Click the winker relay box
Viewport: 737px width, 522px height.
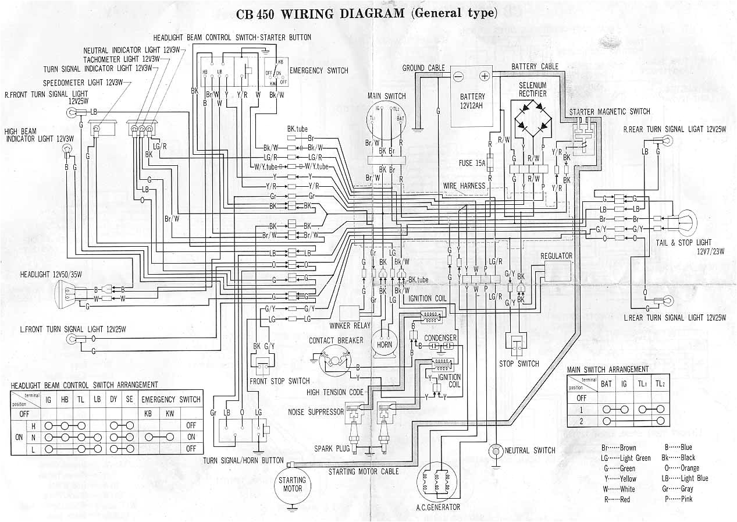pos(350,314)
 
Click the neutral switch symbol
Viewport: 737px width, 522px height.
pos(496,450)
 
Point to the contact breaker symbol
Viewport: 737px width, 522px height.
pos(336,358)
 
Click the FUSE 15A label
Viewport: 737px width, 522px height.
pos(472,164)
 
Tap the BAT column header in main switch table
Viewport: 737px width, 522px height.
pos(606,383)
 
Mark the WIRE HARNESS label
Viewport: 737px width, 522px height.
pos(464,186)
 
